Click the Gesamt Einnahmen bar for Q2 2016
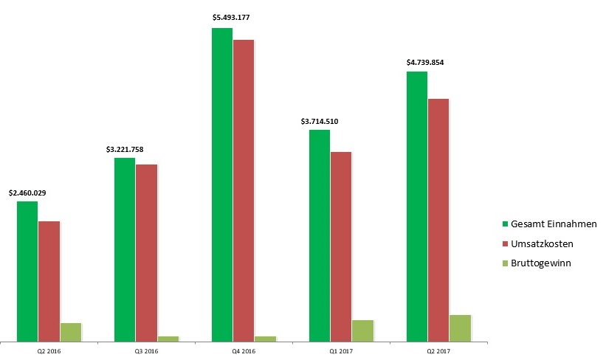point(27,271)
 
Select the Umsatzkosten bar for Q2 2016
point(49,281)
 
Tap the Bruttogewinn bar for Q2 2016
point(71,332)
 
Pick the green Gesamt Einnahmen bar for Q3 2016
point(125,249)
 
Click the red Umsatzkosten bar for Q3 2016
point(146,252)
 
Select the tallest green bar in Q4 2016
point(222,184)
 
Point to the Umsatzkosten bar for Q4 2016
point(244,190)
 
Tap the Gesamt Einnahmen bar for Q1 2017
point(320,235)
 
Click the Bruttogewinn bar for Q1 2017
point(363,330)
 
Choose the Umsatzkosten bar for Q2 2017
point(438,220)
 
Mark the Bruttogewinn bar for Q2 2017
point(460,328)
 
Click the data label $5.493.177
point(233,17)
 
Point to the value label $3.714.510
point(320,121)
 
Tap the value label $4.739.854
point(425,63)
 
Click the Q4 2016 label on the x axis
point(244,352)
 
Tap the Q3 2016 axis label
point(146,352)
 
